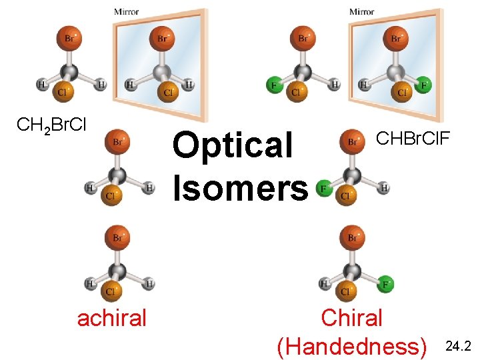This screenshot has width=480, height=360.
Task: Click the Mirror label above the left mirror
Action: [x=127, y=11]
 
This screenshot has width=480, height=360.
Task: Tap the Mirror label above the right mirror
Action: [x=362, y=11]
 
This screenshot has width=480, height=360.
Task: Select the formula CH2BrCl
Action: [x=51, y=125]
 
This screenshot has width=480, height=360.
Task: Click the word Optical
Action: [x=233, y=145]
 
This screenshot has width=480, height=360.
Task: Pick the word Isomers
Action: [x=241, y=187]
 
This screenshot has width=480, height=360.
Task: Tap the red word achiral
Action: [x=111, y=318]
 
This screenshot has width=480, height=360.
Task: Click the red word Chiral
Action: [x=351, y=317]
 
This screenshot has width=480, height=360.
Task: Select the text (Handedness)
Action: [x=353, y=346]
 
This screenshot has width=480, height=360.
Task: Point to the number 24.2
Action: [x=458, y=346]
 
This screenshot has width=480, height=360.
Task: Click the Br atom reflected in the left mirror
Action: [x=163, y=38]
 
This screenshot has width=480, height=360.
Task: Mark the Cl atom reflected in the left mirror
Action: [x=169, y=91]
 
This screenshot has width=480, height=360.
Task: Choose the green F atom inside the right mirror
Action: [x=423, y=85]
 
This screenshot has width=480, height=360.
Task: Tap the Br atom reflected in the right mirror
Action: [x=396, y=38]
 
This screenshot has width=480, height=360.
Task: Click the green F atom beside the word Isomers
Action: [x=324, y=189]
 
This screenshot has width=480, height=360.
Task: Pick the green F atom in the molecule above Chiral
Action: [x=385, y=285]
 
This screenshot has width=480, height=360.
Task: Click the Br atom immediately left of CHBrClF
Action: [x=351, y=141]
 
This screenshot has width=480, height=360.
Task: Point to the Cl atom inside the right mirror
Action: [x=402, y=91]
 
